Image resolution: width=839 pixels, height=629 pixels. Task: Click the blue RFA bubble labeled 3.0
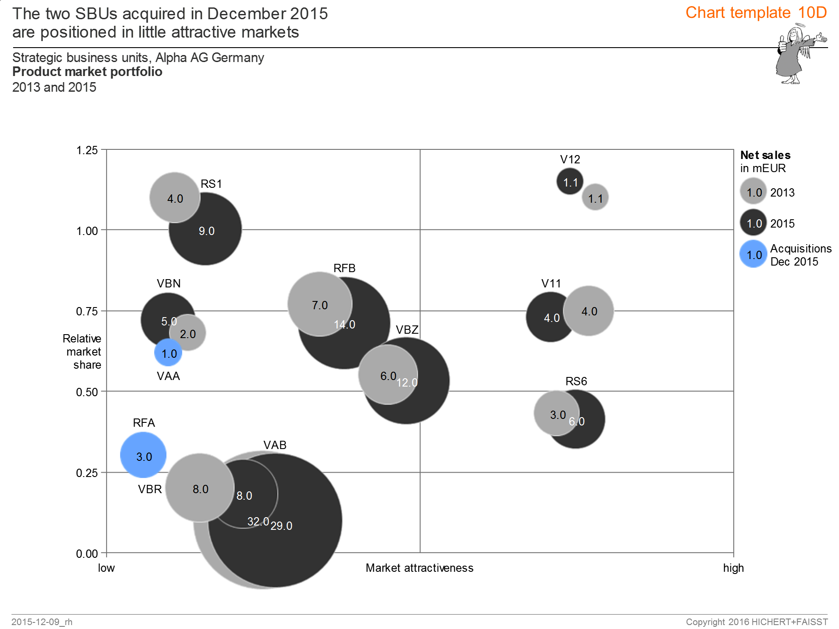143,455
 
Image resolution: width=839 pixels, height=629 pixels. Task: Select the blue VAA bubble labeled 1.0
168,353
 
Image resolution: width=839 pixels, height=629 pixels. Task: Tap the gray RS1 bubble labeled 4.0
174,197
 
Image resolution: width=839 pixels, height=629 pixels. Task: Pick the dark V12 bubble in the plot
569,181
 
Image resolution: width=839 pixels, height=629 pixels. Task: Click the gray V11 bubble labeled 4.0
589,311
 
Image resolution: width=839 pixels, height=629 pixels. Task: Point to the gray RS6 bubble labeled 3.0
556,413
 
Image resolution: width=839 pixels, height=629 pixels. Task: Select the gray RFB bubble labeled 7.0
319,304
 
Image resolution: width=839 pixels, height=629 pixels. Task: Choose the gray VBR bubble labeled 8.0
200,487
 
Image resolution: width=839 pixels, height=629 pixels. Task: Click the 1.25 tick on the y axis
87,150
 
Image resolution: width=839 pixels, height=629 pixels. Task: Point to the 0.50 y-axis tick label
87,392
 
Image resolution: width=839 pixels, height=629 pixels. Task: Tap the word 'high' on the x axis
733,568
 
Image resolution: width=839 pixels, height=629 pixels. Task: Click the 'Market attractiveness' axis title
419,568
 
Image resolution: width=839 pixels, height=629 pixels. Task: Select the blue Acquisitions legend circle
753,254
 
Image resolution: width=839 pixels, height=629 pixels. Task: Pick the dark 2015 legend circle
753,223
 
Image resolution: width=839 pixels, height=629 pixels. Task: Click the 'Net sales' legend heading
765,155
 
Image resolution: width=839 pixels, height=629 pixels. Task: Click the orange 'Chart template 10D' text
756,13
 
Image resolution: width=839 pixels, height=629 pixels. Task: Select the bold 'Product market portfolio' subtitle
87,72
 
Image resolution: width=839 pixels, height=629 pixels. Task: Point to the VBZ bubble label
407,330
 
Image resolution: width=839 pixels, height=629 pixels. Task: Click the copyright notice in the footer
756,622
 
